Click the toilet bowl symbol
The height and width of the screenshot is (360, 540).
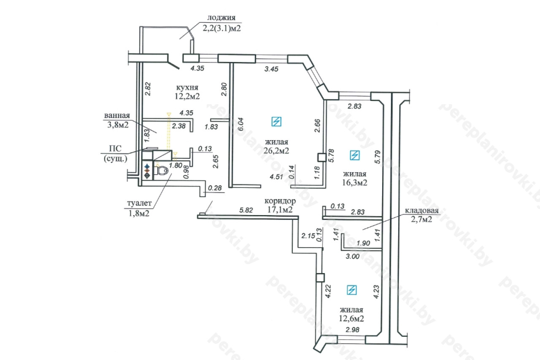(161, 171)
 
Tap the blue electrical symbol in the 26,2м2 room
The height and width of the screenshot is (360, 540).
(276, 122)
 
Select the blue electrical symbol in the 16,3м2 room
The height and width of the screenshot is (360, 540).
(355, 155)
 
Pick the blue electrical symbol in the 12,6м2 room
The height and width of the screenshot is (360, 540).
(352, 290)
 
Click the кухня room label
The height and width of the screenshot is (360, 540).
(187, 87)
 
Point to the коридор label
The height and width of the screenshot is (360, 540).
(280, 201)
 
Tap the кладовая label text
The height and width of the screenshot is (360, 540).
(421, 210)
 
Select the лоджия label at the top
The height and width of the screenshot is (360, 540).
(221, 18)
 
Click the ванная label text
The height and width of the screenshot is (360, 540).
(117, 116)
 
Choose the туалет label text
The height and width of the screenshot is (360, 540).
(139, 203)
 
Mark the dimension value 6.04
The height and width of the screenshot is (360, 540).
(240, 124)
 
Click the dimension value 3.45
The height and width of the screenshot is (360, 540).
(271, 69)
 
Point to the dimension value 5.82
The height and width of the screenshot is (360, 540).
(246, 210)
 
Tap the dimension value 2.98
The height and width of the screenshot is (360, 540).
(352, 330)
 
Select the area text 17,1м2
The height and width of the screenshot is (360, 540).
(280, 209)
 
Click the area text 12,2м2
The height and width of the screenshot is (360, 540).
(187, 96)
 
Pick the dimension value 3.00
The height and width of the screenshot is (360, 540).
(352, 256)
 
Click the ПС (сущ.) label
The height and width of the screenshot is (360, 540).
(116, 154)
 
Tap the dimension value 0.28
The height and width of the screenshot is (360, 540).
(215, 188)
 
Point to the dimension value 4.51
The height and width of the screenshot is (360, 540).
(276, 177)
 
